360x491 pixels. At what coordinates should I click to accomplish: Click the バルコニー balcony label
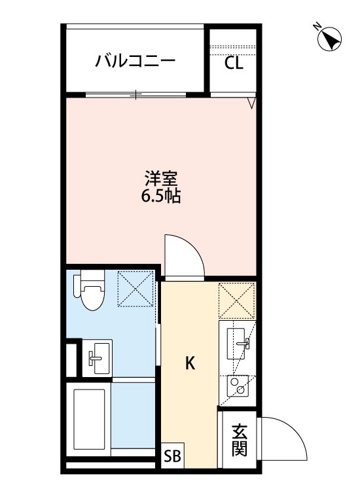[x=135, y=62]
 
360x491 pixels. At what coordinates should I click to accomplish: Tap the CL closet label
[x=234, y=64]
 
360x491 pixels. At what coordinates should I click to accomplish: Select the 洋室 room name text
[x=161, y=179]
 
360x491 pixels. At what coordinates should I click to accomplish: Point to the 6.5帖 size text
[x=161, y=196]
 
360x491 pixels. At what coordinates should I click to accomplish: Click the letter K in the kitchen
[x=190, y=363]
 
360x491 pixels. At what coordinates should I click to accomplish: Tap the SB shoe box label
[x=173, y=456]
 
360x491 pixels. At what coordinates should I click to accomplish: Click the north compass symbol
[x=329, y=39]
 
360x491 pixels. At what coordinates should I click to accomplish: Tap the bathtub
[x=89, y=419]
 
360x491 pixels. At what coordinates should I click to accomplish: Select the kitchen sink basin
[x=238, y=344]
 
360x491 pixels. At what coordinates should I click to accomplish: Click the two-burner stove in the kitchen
[x=238, y=386]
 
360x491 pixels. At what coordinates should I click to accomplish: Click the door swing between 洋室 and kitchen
[x=192, y=247]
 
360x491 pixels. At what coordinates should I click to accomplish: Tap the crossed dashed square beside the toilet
[x=136, y=289]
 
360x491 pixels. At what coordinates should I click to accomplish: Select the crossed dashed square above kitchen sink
[x=237, y=301]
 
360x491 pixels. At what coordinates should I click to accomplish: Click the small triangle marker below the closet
[x=251, y=103]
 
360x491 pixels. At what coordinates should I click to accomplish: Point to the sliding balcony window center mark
[x=136, y=94]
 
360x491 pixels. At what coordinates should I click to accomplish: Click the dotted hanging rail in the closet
[x=232, y=47]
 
